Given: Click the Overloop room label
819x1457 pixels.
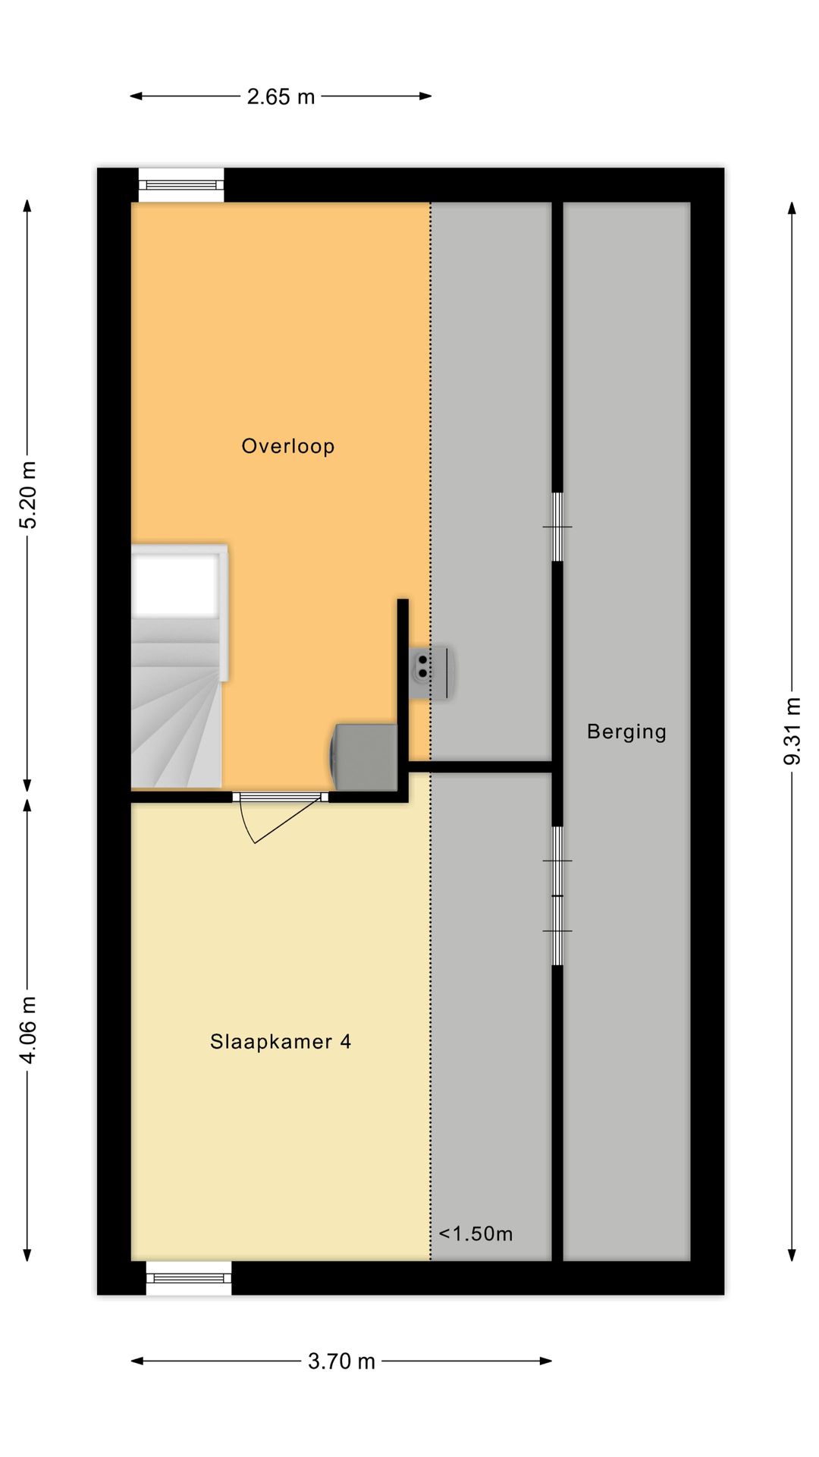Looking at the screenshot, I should click(x=287, y=446).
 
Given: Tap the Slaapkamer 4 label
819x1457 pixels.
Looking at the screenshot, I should click(x=281, y=1041).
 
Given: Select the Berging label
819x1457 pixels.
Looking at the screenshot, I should click(x=626, y=732).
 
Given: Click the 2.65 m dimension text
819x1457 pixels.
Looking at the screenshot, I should click(x=281, y=97).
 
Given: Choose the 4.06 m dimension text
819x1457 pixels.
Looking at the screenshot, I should click(x=28, y=1029).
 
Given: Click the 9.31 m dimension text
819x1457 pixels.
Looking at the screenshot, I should click(x=792, y=731).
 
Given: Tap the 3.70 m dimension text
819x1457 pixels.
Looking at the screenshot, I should click(x=341, y=1361).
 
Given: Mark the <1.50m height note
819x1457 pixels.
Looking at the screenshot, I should click(x=475, y=1234).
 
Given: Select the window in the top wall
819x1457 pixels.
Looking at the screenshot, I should click(x=181, y=184).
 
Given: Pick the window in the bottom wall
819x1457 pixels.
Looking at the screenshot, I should click(x=189, y=1278).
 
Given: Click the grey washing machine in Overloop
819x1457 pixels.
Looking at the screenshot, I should click(x=366, y=757).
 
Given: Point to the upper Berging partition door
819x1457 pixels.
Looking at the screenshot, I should click(x=557, y=527).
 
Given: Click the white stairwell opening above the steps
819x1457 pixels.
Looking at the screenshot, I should click(x=175, y=584).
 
